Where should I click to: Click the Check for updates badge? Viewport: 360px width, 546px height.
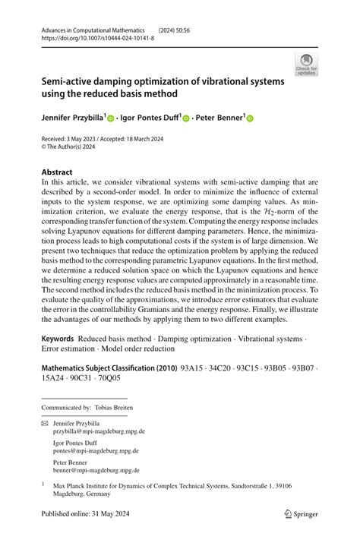pyautogui.click(x=306, y=65)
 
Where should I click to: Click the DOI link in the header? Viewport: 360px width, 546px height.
pyautogui.click(x=96, y=36)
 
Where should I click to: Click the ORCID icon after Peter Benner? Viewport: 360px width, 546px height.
pyautogui.click(x=250, y=118)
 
